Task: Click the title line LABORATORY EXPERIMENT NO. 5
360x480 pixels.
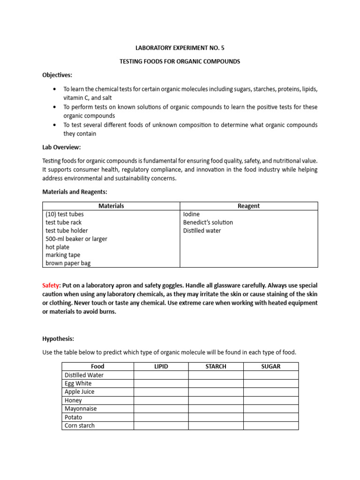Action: coord(180,47)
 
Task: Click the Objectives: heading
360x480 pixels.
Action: coord(57,75)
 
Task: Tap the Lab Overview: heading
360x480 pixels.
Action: coord(61,147)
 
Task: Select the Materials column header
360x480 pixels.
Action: coord(111,206)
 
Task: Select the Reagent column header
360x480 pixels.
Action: coord(248,206)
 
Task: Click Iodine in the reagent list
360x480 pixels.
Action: coord(191,214)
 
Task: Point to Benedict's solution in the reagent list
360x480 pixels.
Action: coord(208,222)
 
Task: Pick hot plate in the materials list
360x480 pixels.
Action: coord(58,247)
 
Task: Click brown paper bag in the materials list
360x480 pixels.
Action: coord(68,263)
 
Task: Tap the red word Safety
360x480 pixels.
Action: coord(51,285)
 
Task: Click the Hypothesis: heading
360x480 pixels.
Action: coord(58,338)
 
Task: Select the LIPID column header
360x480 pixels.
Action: coord(161,366)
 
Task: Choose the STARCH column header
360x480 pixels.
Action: coord(216,366)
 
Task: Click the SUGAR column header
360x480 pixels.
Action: coord(270,366)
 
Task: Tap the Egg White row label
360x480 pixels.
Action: coord(78,383)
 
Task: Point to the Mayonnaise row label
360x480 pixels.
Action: coord(81,409)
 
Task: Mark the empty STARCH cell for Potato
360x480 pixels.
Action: coord(216,417)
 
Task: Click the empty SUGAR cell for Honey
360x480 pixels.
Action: coord(270,400)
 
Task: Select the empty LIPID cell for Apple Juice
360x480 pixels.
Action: coord(161,392)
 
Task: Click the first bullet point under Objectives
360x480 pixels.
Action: coord(55,89)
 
